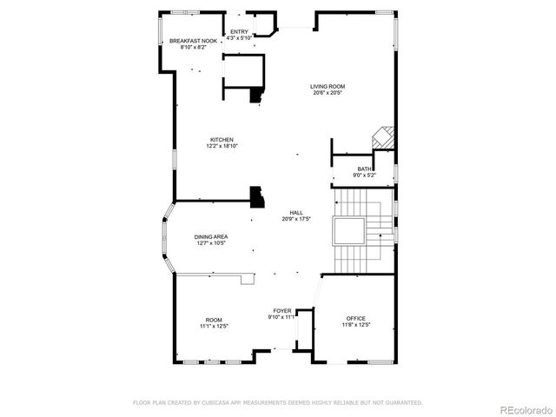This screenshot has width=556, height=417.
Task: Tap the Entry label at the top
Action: [239, 32]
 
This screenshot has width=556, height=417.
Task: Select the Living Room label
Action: [328, 86]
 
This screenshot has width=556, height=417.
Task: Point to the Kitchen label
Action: [222, 140]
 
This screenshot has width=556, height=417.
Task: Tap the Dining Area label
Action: [211, 237]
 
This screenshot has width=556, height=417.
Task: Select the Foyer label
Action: [282, 310]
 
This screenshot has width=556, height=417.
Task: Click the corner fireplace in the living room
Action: [383, 138]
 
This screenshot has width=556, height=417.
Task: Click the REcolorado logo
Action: [524, 409]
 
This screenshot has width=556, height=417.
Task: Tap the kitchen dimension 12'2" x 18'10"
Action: [222, 146]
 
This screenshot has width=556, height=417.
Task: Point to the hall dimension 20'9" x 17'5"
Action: [295, 219]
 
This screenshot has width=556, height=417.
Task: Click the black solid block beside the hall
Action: [257, 197]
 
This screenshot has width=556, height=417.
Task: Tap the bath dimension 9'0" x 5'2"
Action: [365, 175]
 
